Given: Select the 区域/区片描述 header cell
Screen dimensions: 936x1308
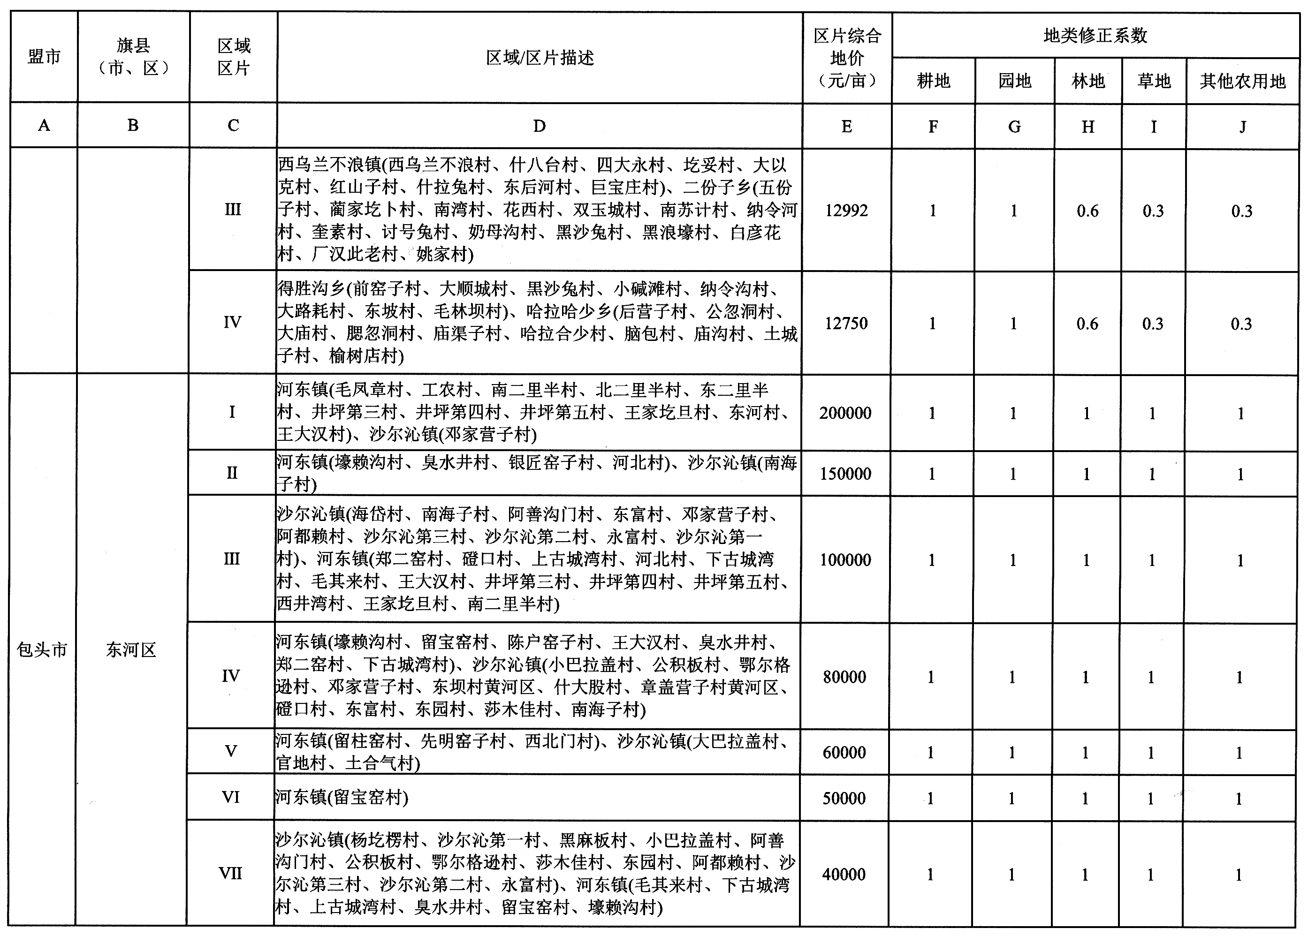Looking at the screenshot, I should [540, 58].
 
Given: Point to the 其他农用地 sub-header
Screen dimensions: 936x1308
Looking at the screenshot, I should [1242, 81].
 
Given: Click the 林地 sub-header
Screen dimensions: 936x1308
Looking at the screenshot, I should [1088, 81].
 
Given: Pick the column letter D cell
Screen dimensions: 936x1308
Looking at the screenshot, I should [539, 126].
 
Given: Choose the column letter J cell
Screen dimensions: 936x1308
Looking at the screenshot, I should [1242, 126].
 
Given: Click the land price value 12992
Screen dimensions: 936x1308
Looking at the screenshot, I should [846, 211].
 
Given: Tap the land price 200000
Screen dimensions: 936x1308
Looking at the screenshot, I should [845, 413].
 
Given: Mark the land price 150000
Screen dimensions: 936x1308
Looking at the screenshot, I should [845, 474].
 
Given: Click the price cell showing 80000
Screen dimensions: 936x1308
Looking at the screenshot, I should [844, 677].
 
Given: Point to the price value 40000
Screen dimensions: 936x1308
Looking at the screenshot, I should [844, 874].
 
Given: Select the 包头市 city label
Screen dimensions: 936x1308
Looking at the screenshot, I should [42, 650].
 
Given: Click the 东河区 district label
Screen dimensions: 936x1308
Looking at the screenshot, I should [131, 650].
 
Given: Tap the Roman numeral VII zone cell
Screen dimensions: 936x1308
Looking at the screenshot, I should [230, 873].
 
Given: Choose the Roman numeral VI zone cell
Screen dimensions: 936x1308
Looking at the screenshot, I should [230, 797].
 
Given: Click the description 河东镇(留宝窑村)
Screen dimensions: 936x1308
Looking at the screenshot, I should [342, 798].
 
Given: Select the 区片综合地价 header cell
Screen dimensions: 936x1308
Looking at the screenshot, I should [847, 58].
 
